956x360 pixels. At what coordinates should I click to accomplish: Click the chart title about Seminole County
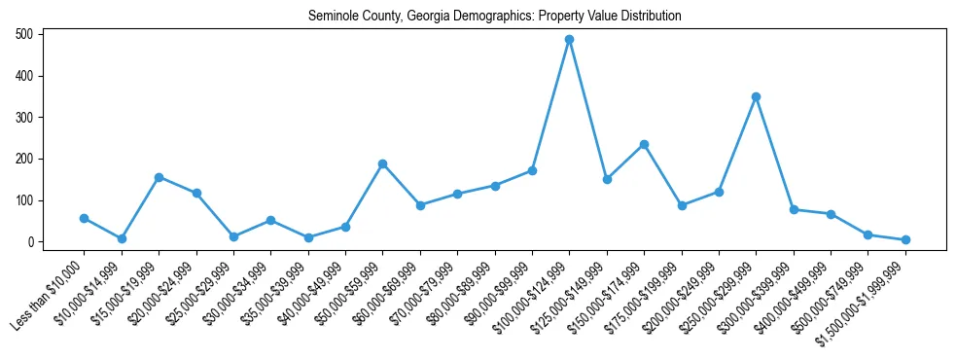[x=494, y=17]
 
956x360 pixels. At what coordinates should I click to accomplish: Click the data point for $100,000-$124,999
[x=569, y=40]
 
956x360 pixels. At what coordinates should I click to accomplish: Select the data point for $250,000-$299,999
[x=756, y=97]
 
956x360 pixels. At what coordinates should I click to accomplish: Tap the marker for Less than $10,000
[x=84, y=218]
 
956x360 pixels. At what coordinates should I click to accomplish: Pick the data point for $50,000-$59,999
[x=382, y=163]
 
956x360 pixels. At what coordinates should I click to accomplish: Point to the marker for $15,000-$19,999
[x=159, y=177]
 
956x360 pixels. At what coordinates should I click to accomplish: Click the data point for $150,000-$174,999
[x=644, y=144]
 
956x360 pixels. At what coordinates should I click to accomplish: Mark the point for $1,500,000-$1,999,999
[x=905, y=239]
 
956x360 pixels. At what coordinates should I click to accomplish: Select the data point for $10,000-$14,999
[x=122, y=238]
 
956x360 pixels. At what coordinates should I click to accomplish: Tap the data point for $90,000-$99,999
[x=532, y=170]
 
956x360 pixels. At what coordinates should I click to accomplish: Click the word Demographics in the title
[x=464, y=17]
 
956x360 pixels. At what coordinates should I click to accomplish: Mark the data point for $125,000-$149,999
[x=607, y=179]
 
